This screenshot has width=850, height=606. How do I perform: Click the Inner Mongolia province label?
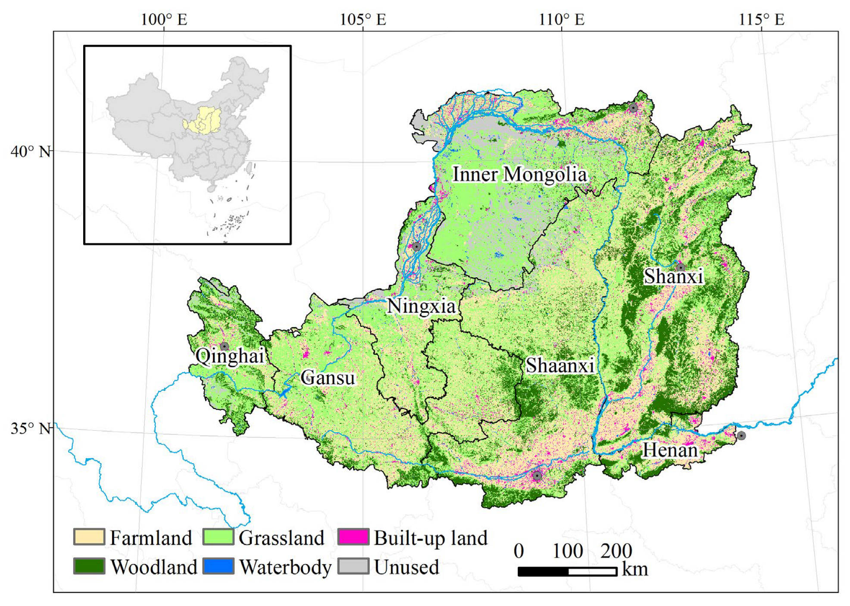[x=519, y=175]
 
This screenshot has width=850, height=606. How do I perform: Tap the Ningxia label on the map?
[x=421, y=306]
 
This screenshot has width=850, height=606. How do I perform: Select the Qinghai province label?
[x=229, y=356]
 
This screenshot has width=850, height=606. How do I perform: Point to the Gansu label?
[x=328, y=378]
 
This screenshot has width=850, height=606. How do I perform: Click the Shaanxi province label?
[x=560, y=365]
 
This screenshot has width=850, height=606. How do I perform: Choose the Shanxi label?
[x=673, y=276]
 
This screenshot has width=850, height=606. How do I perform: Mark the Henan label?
[x=670, y=450]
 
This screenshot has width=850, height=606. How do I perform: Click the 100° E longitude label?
[x=164, y=19]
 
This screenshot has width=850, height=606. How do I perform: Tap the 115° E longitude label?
[x=761, y=19]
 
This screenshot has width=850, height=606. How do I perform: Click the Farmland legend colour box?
[x=89, y=537]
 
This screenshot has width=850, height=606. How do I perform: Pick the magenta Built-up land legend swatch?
[x=353, y=537]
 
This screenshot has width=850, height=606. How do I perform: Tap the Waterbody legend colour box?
[x=219, y=566]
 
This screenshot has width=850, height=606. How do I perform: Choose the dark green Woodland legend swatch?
[x=89, y=566]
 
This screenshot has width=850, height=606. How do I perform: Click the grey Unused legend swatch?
[x=353, y=566]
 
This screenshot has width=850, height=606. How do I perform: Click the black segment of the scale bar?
[x=543, y=572]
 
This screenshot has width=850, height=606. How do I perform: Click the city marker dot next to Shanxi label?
[x=681, y=268]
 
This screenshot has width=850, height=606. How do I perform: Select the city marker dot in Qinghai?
[x=224, y=346]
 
